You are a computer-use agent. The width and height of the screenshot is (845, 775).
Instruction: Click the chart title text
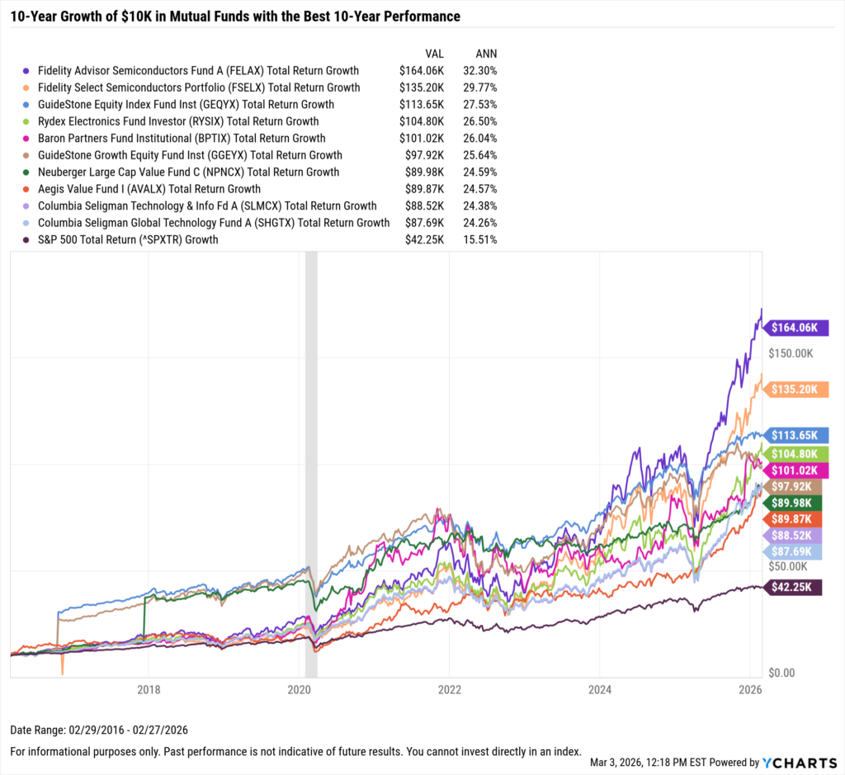pyautogui.click(x=235, y=17)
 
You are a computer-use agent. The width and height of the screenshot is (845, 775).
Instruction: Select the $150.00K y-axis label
pyautogui.click(x=791, y=353)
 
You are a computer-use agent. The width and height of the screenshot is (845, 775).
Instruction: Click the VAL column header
pyautogui.click(x=434, y=52)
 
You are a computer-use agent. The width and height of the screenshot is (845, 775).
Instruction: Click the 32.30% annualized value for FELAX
pyautogui.click(x=479, y=71)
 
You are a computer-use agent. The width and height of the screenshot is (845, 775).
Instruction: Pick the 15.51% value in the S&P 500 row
pyautogui.click(x=479, y=240)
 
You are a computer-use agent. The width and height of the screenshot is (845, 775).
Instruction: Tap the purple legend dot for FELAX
pyautogui.click(x=27, y=71)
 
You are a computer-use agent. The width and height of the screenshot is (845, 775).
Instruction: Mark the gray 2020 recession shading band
pyautogui.click(x=312, y=462)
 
